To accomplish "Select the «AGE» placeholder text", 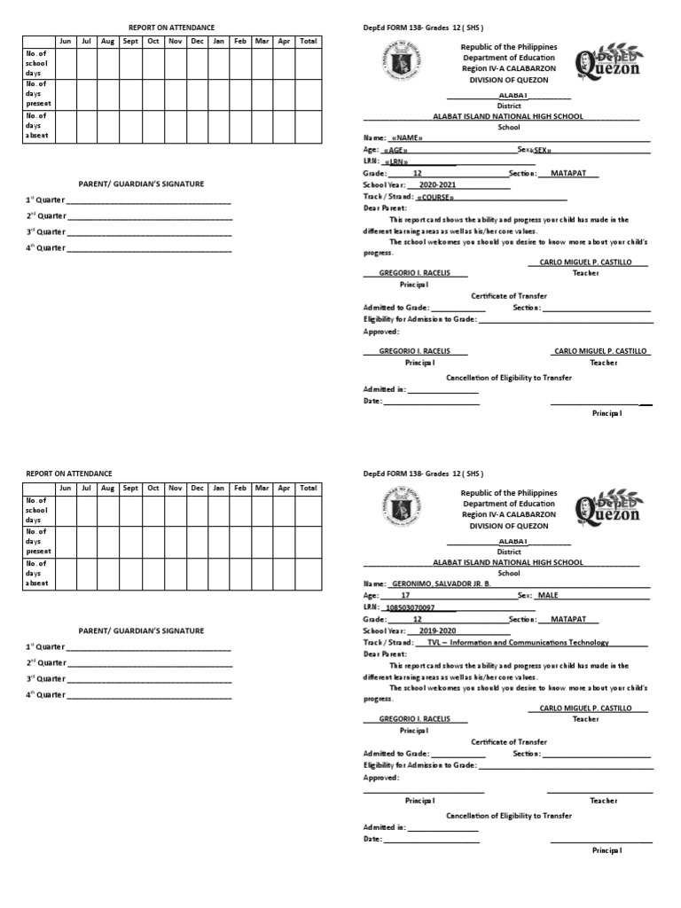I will click(x=395, y=151).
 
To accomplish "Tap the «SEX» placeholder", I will click(x=543, y=151).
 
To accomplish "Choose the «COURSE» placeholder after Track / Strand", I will click(x=435, y=197).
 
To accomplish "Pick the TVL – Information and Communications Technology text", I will click(x=518, y=642).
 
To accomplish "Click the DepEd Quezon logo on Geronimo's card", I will click(x=608, y=508).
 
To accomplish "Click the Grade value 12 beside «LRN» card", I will click(x=418, y=174).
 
